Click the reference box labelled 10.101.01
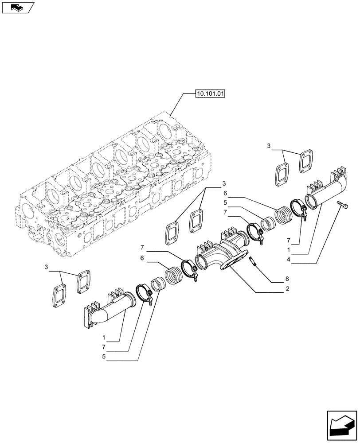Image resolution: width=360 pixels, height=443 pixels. (x=210, y=93)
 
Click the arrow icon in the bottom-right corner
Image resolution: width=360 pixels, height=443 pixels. (x=342, y=426)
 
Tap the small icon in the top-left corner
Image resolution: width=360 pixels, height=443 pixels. (x=18, y=8)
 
